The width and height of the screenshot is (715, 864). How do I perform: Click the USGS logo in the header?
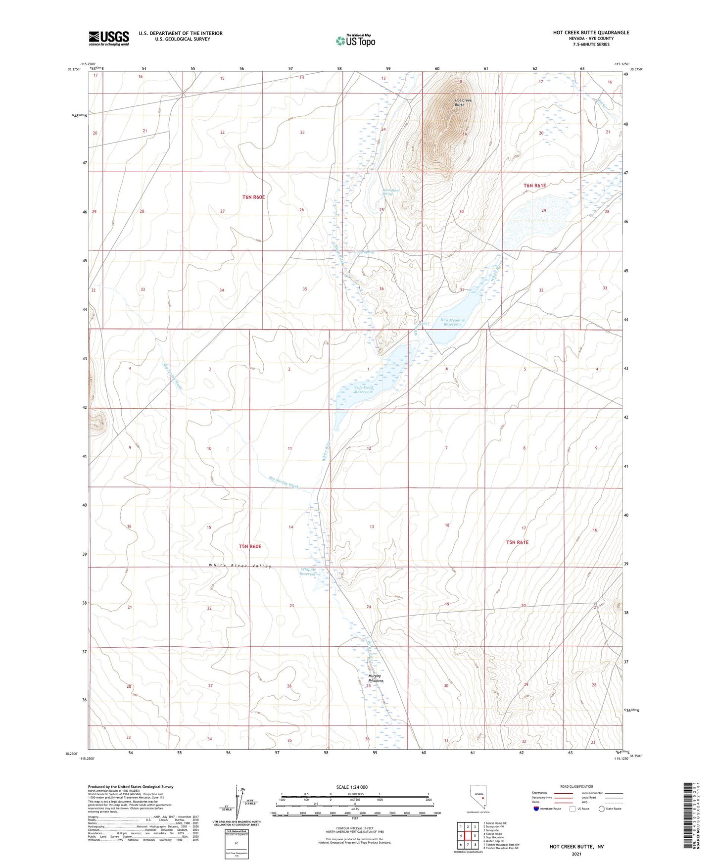(x=109, y=38)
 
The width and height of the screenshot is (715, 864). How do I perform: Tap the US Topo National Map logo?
(x=355, y=41)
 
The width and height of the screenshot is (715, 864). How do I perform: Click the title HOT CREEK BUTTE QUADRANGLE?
(x=591, y=33)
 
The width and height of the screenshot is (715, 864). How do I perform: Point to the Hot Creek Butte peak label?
(x=463, y=102)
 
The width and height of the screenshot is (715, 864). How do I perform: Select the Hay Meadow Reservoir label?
(x=450, y=322)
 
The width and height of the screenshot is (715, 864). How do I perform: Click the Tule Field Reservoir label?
(x=363, y=389)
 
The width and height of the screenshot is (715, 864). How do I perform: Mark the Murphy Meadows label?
(x=376, y=678)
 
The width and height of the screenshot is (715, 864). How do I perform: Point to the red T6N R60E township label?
(x=253, y=197)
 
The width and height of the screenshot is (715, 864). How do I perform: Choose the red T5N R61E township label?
(x=517, y=542)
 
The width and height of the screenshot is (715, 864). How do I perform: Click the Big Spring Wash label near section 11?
(x=284, y=482)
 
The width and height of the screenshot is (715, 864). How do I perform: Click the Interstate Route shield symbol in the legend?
(x=536, y=809)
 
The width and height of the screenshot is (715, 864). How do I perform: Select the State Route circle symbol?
(x=602, y=809)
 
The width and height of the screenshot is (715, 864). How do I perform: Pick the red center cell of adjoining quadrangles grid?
(x=467, y=835)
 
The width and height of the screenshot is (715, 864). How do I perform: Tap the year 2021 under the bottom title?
(x=576, y=854)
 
